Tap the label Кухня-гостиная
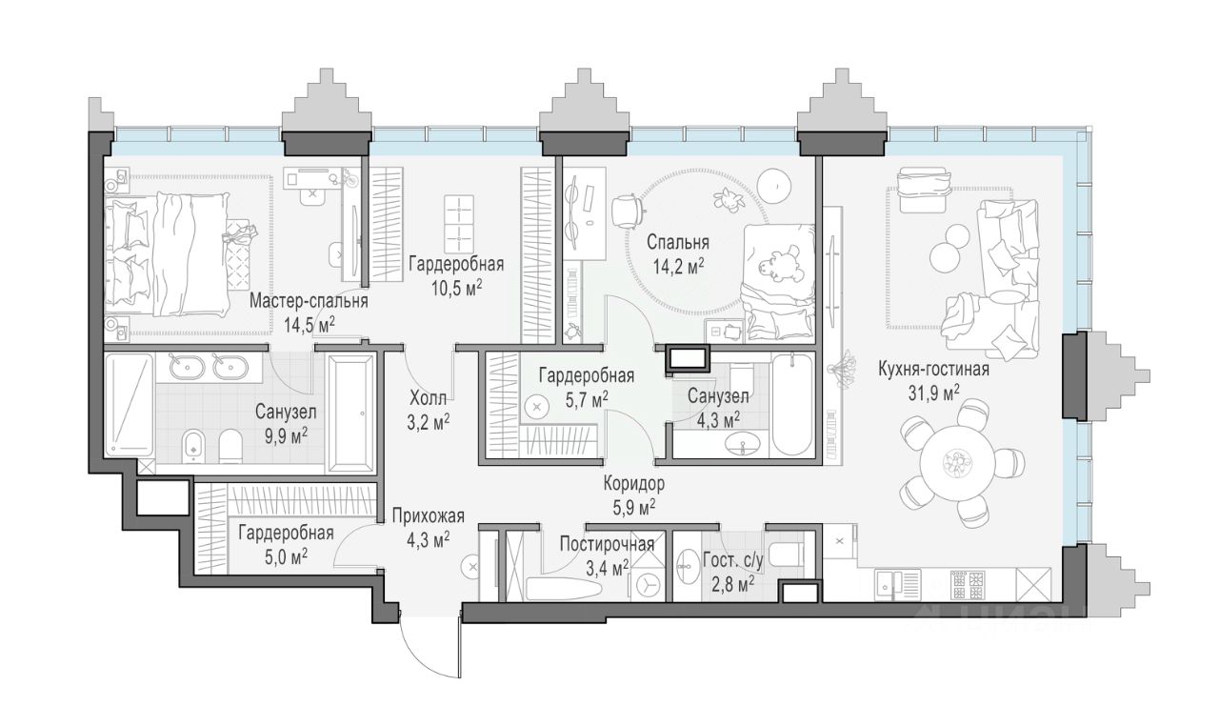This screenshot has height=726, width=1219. coord(934,370)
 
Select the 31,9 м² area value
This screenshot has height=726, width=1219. coord(934,393)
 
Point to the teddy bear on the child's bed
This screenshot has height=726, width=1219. coord(778,265)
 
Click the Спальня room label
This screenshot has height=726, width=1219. coord(677,242)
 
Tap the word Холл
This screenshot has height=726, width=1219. coord(429,399)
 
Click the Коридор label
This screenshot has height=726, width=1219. coord(634,483)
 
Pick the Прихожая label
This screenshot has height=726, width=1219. coord(429,516)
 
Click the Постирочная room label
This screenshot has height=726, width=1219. coord(607,544)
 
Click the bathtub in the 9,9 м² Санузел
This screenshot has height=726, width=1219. coord(351,413)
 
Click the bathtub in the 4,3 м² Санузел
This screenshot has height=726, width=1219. coord(792,405)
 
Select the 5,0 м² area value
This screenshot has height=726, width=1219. coord(287,555)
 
